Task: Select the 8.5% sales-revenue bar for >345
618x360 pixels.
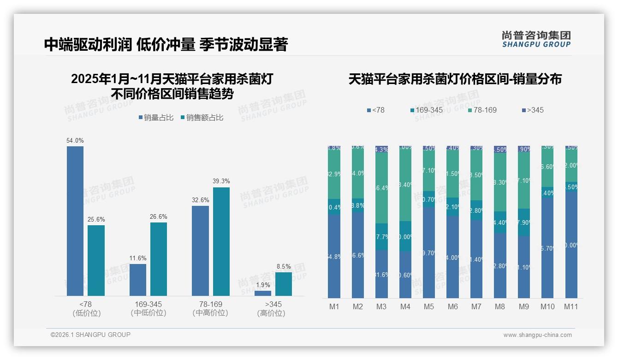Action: click(284, 284)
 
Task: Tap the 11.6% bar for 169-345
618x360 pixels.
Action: click(138, 280)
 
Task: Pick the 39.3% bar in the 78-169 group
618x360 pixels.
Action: click(221, 241)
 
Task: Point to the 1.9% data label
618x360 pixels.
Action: click(262, 285)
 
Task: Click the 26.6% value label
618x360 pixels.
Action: click(159, 217)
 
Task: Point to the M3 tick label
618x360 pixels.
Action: click(381, 306)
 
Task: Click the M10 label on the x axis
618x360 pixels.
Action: click(547, 306)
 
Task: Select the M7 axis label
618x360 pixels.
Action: click(476, 306)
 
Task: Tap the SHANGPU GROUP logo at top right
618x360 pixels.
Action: click(536, 39)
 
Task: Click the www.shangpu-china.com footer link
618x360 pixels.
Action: click(537, 335)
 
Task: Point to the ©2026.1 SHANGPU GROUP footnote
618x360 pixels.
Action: click(90, 335)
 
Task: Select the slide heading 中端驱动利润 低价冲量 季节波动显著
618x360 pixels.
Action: click(166, 44)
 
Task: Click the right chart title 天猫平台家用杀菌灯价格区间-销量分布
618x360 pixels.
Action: click(455, 79)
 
